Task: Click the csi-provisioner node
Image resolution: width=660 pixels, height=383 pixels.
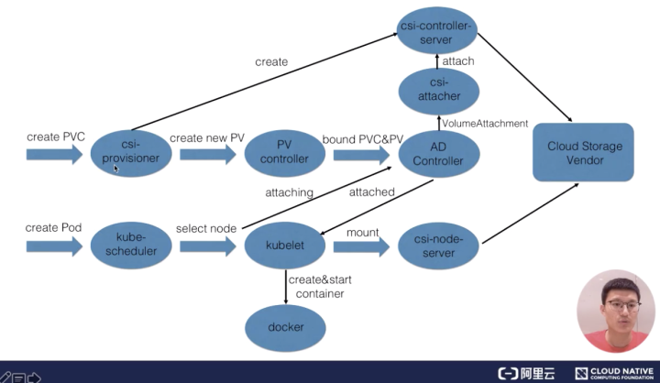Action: (131, 152)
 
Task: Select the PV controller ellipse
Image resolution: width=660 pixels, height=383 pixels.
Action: (285, 152)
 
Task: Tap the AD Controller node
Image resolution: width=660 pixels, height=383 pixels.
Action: (438, 154)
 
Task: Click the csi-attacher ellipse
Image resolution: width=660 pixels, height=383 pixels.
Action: (438, 91)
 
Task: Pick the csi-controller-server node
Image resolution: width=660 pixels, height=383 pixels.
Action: (437, 30)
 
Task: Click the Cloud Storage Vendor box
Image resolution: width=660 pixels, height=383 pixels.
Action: (583, 152)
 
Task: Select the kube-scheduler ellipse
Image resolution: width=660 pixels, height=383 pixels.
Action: (131, 245)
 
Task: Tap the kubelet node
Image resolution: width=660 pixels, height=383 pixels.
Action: (285, 245)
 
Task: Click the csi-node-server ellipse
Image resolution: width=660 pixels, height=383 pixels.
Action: (438, 246)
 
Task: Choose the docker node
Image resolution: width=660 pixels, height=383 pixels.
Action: (285, 327)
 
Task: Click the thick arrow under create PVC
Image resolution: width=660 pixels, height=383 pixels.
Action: (54, 155)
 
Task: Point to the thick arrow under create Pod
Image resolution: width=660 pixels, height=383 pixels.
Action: (54, 246)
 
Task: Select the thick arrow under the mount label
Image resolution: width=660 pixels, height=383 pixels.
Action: (361, 246)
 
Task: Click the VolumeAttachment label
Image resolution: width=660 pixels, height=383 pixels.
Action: (485, 124)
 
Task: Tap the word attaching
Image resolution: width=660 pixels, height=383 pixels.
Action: (289, 192)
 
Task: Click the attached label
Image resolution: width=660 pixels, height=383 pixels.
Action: (371, 191)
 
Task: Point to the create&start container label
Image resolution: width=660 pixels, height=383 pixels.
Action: (320, 287)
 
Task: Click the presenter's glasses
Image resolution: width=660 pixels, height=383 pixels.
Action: (623, 305)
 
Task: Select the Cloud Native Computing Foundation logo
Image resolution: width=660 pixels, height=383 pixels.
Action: (614, 373)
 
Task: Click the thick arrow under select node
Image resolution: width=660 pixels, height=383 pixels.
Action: (208, 246)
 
